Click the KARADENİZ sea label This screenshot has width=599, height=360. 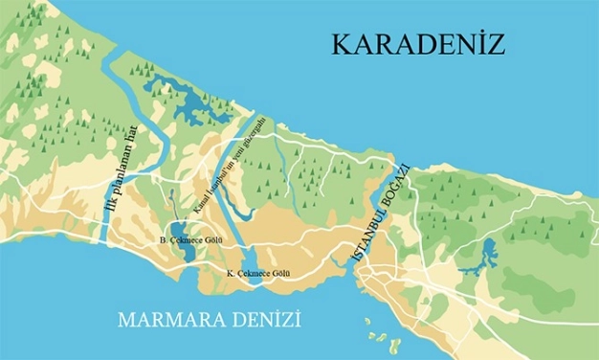pos(418,45)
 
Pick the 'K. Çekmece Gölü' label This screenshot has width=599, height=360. pos(257,275)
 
